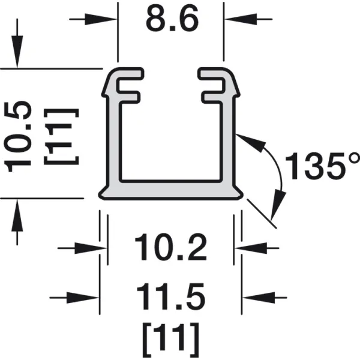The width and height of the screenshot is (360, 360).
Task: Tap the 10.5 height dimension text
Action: pyautogui.click(x=17, y=137)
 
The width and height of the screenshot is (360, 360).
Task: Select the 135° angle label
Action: pyautogui.click(x=322, y=165)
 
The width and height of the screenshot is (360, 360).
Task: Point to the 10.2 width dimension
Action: pyautogui.click(x=171, y=247)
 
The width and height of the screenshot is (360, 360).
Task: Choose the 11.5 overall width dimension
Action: pyautogui.click(x=171, y=296)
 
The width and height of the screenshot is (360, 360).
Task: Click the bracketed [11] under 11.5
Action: pyautogui.click(x=171, y=340)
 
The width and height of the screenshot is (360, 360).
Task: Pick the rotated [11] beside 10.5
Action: pyautogui.click(x=62, y=137)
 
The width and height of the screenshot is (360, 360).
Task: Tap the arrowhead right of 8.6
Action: pyautogui.click(x=241, y=19)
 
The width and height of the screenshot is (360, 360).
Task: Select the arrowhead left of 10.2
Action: pyautogui.click(x=91, y=248)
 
